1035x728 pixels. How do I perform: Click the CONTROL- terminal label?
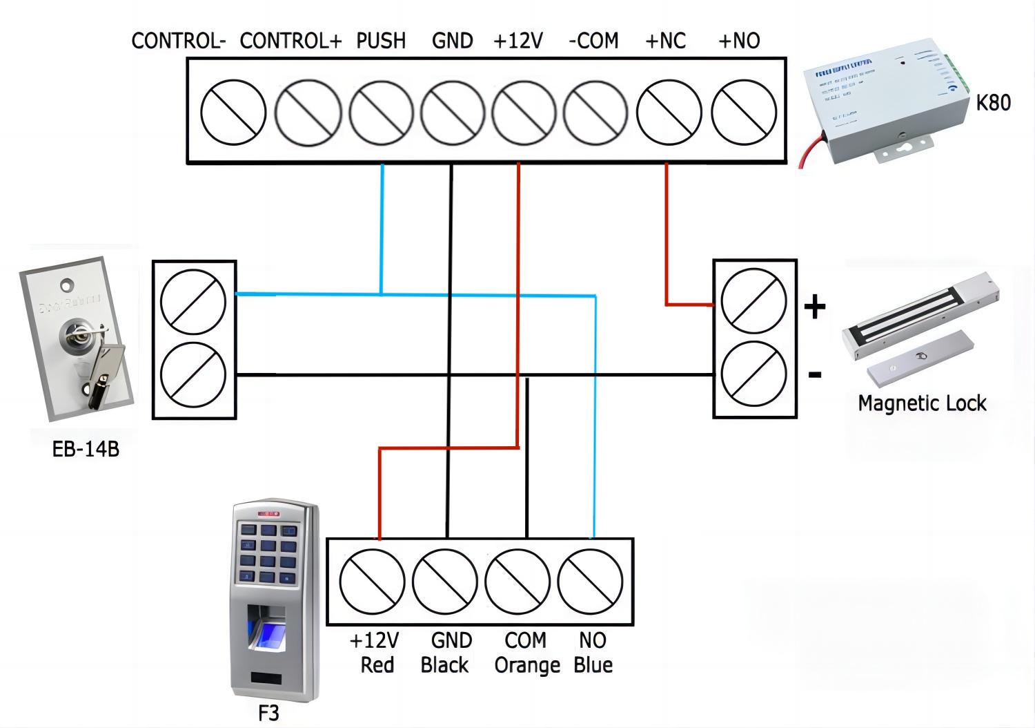click(179, 41)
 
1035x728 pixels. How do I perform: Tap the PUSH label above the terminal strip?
click(381, 41)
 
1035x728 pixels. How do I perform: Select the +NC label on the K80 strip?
click(665, 41)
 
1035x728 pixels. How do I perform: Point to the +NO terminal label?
click(739, 41)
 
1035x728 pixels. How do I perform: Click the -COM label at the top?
click(593, 41)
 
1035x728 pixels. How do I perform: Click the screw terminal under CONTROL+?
click(308, 112)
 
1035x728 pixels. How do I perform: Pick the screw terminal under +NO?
click(744, 112)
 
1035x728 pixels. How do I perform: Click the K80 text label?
click(993, 103)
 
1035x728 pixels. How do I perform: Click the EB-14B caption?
click(86, 449)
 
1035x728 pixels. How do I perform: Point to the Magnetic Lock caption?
click(922, 403)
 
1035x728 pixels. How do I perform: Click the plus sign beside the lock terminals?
click(815, 306)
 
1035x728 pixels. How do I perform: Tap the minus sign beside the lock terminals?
click(815, 375)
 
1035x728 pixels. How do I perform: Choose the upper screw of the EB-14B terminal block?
click(193, 302)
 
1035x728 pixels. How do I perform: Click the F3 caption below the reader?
click(268, 712)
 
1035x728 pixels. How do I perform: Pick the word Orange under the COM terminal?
click(527, 666)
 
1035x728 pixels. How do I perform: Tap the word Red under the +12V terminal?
click(377, 666)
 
